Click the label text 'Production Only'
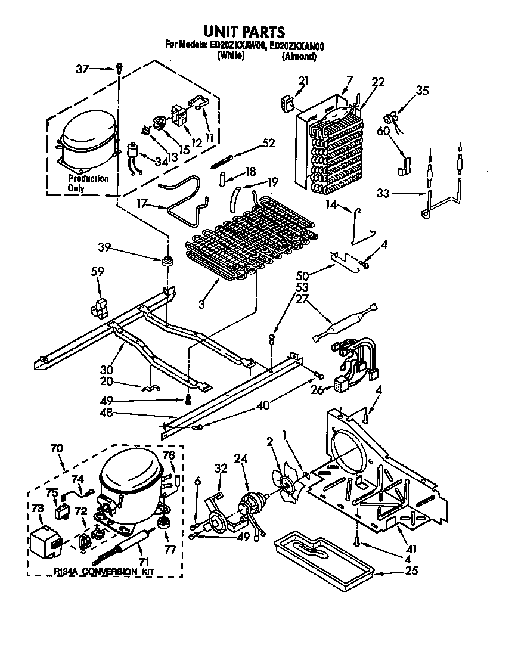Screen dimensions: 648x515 (88, 183)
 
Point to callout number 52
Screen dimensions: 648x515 (269, 142)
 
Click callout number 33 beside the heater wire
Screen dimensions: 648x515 (384, 193)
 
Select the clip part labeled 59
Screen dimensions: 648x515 (98, 306)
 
